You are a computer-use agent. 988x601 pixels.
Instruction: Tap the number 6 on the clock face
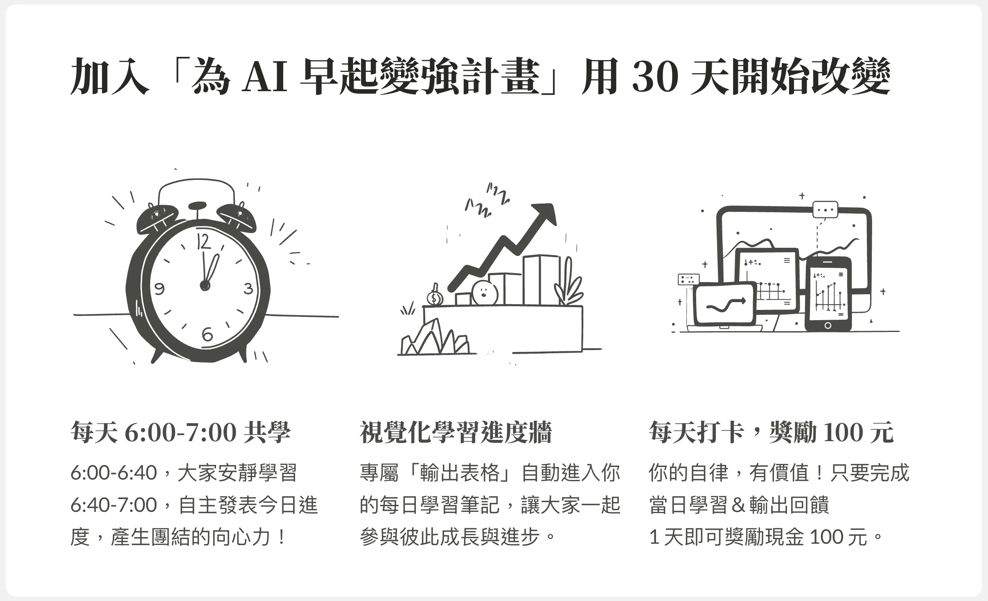(208, 335)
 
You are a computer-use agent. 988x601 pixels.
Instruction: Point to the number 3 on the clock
(248, 289)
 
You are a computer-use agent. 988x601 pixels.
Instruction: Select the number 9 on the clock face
(159, 289)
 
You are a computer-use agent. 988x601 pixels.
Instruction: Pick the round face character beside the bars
(484, 293)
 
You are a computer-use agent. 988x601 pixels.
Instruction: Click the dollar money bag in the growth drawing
(434, 297)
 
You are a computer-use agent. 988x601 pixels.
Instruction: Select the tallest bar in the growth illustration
(541, 280)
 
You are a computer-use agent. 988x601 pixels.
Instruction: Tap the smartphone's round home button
(828, 325)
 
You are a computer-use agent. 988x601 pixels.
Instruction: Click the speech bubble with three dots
(825, 210)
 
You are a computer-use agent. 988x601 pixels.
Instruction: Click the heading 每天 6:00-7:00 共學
(180, 433)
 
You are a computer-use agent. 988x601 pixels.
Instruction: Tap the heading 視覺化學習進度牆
(456, 433)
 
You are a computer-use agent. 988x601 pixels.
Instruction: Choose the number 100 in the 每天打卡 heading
(843, 433)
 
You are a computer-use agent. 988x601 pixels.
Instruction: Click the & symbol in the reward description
(738, 505)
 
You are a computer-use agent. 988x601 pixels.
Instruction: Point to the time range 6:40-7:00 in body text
(114, 505)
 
